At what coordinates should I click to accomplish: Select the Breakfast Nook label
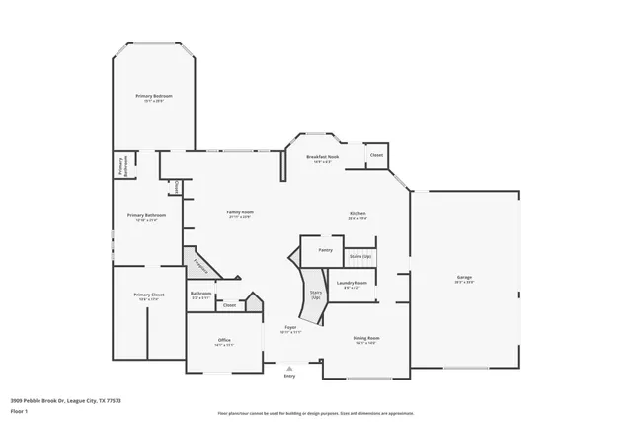[x=323, y=157]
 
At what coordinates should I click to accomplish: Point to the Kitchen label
[x=357, y=213]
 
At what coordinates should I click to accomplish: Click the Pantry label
[x=325, y=251]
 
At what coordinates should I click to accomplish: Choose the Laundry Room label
[x=352, y=283]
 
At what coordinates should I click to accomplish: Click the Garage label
[x=464, y=278]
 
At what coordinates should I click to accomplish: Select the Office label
[x=224, y=340]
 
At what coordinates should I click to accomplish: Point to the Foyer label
[x=291, y=327]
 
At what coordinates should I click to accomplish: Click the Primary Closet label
[x=149, y=295]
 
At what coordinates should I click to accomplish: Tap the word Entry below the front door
[x=289, y=376]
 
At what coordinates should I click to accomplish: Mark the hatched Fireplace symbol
[x=201, y=263]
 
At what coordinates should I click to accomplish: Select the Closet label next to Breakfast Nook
[x=376, y=155]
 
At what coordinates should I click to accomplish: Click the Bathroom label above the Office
[x=201, y=293]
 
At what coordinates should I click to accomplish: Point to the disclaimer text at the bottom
[x=316, y=411]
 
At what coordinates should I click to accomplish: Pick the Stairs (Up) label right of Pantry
[x=361, y=256]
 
